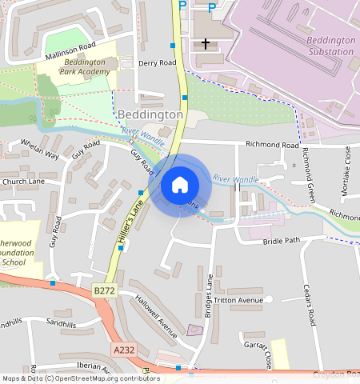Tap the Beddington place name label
point(150,115)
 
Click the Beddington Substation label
point(330,46)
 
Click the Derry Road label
point(157,62)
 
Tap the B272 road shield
point(104,290)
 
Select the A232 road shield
point(124,350)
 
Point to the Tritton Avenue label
point(238,300)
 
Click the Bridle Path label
point(282,240)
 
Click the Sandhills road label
point(60,323)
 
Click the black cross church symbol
point(206,43)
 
